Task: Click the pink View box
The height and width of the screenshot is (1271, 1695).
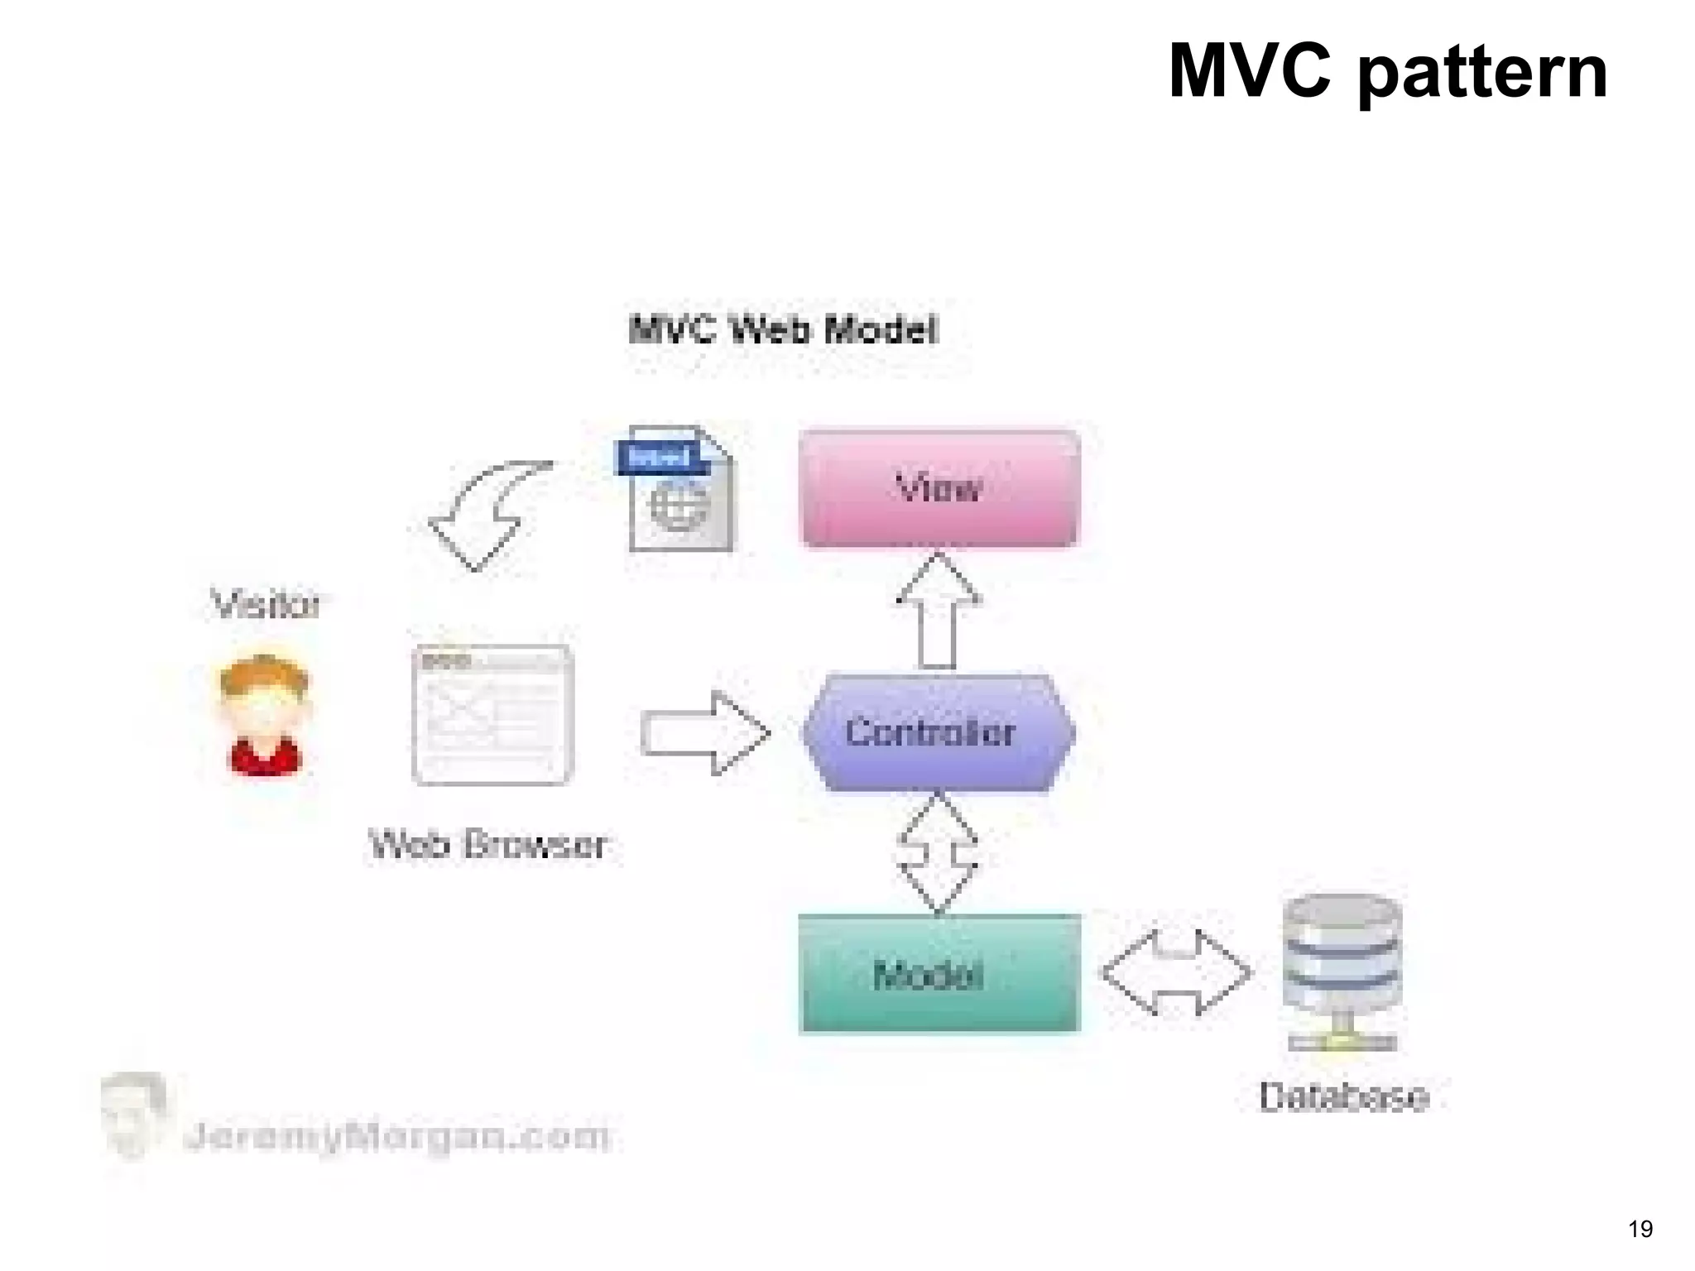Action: (939, 488)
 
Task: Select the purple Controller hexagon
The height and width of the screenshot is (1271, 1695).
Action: (938, 733)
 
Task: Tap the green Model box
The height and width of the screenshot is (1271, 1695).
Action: (939, 974)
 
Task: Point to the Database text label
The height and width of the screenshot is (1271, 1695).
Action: (1343, 1097)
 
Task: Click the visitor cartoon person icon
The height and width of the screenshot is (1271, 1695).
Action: (264, 715)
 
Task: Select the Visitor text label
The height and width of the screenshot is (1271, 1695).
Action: (265, 604)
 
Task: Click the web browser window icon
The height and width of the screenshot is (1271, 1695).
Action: (492, 715)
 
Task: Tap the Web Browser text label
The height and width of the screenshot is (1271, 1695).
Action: (487, 845)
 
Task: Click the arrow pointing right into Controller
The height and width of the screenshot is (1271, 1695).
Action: (704, 733)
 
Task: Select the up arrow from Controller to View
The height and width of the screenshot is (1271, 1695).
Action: (938, 611)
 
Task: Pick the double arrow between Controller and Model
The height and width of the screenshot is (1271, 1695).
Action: (938, 853)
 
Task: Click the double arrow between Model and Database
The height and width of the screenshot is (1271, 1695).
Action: (1176, 973)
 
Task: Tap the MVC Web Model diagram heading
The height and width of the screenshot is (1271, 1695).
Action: (783, 330)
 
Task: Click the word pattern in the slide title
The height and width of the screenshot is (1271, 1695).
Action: (1482, 73)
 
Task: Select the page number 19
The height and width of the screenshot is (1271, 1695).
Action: (1640, 1229)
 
